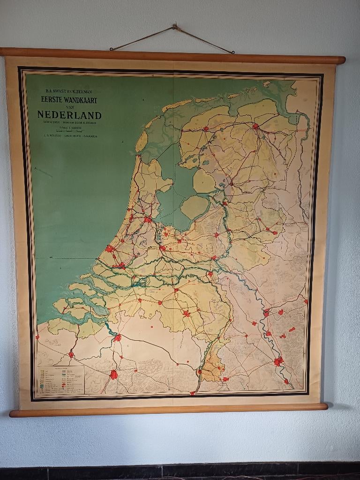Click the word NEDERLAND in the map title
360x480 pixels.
69,115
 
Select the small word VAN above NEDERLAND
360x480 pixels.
69,107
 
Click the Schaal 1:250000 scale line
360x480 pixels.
69,128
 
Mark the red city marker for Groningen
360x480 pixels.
255,126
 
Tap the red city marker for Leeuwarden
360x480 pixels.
205,128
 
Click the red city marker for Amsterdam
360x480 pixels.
148,219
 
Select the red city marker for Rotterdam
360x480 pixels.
120,265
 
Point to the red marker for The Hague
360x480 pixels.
110,248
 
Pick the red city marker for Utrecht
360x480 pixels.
162,247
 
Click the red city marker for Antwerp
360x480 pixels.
117,337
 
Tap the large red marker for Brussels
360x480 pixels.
113,374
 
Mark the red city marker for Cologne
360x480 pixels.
278,361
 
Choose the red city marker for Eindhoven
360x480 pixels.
187,313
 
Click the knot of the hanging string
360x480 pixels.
174,27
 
